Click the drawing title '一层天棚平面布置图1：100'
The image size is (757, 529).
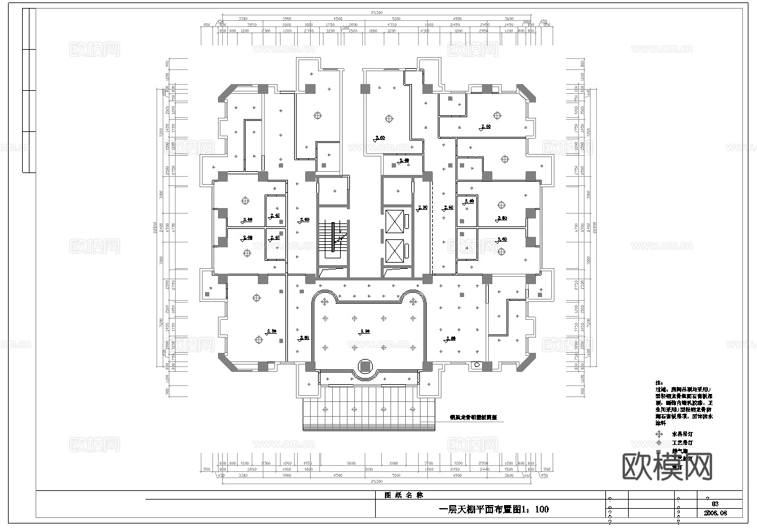pos(494,509)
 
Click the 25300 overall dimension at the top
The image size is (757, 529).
pos(376,13)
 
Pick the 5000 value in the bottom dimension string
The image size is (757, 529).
pos(351,464)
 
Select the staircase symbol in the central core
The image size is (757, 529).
pos(333,237)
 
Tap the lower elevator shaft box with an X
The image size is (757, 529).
pos(397,250)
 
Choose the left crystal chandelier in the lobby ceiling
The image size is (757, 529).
pos(325,301)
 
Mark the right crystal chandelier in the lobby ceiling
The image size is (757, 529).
pos(414,301)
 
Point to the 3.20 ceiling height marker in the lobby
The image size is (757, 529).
pos(363,331)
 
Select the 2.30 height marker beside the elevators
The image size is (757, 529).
pos(422,208)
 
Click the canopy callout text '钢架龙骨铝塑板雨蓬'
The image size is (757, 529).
pos(473,417)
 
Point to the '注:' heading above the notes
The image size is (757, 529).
pos(659,382)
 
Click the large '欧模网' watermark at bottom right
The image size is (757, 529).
pos(667,467)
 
